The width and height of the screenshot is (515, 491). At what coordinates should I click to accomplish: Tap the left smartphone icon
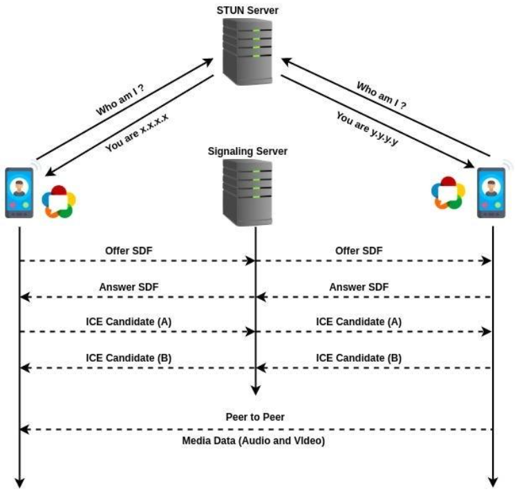click(x=19, y=192)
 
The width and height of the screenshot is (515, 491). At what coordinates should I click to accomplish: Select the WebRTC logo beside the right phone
click(x=449, y=192)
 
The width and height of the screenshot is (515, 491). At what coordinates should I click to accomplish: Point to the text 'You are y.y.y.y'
click(x=367, y=129)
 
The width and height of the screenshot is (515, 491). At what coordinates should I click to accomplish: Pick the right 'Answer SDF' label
click(x=359, y=286)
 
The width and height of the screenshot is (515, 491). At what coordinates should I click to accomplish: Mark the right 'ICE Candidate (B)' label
click(x=359, y=358)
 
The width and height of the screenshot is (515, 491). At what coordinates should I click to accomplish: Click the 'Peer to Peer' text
click(x=256, y=418)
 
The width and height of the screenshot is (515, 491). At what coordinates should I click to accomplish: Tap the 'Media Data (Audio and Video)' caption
click(x=256, y=441)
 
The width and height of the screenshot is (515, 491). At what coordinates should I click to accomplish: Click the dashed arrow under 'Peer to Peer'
click(x=256, y=429)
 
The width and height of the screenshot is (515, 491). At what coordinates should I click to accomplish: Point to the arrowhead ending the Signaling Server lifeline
click(x=256, y=391)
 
